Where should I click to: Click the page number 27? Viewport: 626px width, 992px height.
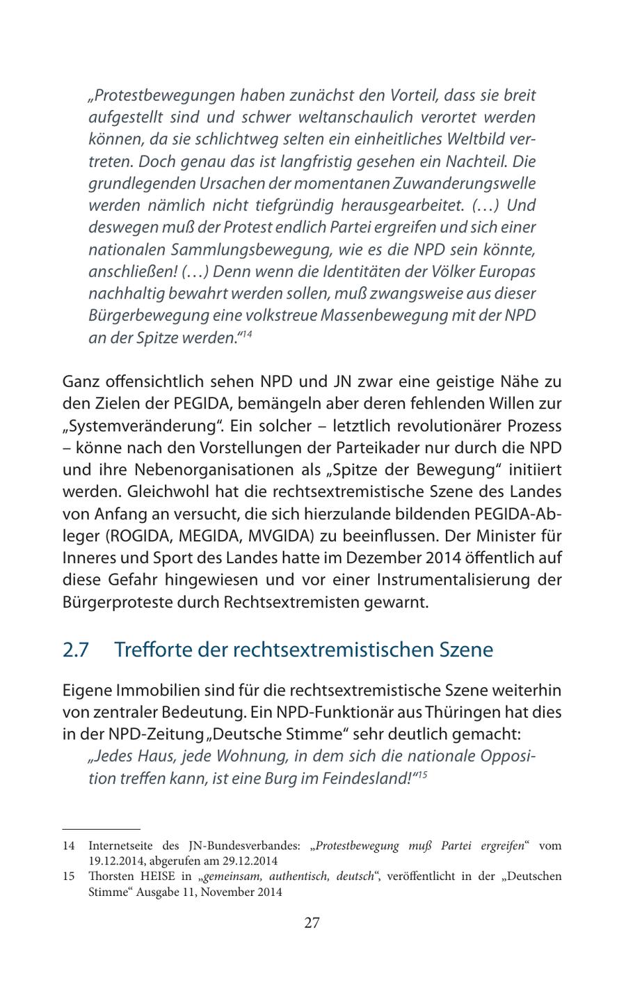click(312, 923)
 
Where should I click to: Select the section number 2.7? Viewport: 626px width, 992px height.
click(76, 649)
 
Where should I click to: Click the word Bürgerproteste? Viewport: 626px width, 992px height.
click(122, 602)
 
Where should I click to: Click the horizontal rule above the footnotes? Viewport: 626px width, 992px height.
click(102, 829)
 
